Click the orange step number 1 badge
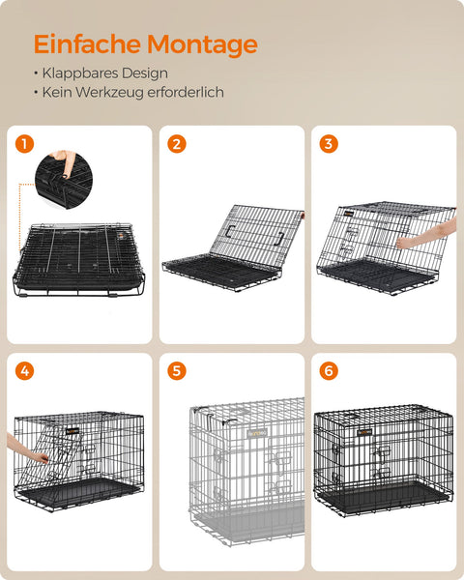point(25,144)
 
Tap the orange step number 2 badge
point(176,144)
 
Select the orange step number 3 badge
point(329,144)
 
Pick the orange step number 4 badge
point(25,370)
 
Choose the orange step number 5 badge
point(176,370)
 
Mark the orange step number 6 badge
point(329,370)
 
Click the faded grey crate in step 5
point(246,464)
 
